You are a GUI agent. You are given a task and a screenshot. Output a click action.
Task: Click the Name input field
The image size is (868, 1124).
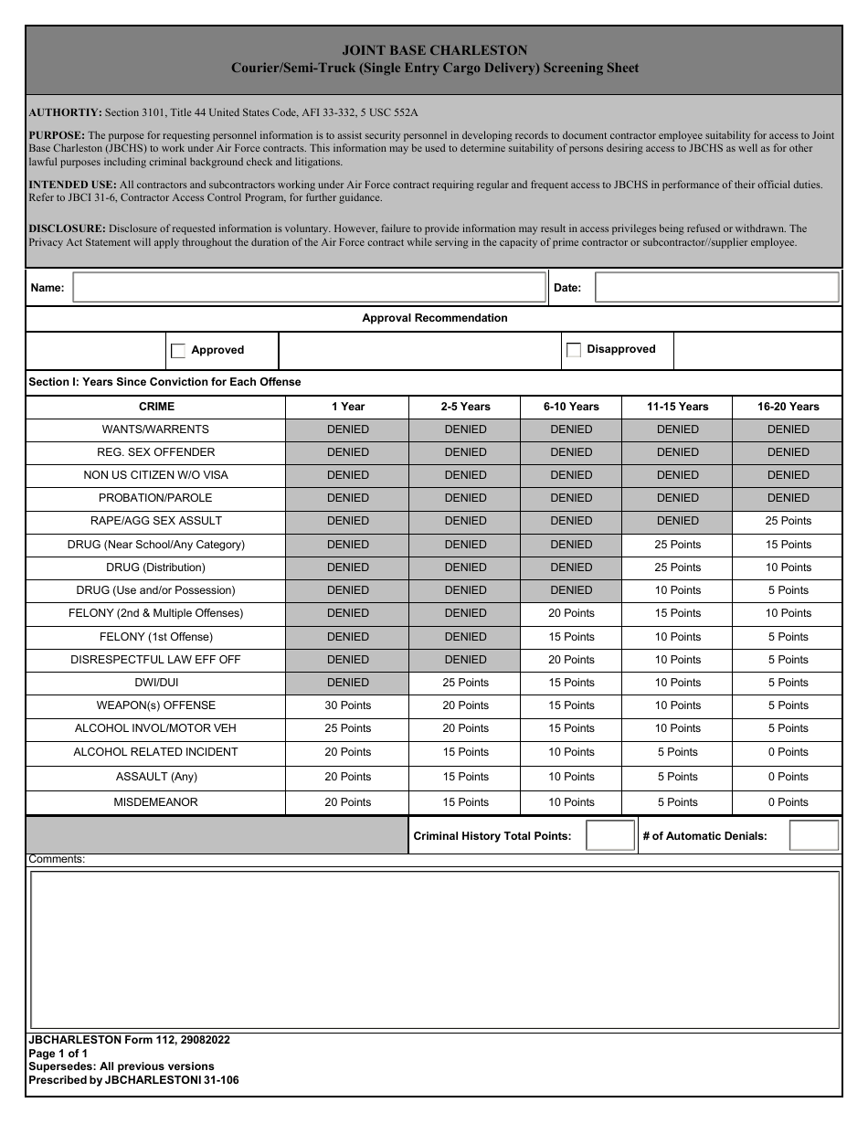tap(309, 288)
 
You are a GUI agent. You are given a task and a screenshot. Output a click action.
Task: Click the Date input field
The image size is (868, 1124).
tap(716, 288)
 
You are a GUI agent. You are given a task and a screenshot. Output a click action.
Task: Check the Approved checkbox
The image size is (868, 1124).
tap(178, 351)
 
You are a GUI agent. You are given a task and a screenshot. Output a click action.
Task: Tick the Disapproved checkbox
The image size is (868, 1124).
tap(574, 350)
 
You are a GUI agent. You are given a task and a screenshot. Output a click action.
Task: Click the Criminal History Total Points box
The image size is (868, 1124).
tap(609, 835)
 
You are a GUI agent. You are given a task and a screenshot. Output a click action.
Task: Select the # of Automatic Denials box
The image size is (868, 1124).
tap(813, 835)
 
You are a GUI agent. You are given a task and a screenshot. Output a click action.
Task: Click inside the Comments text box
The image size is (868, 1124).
tap(435, 949)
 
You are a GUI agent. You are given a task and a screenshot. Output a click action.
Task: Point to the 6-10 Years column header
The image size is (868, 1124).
tap(571, 407)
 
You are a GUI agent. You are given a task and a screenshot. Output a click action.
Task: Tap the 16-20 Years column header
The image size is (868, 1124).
tap(788, 407)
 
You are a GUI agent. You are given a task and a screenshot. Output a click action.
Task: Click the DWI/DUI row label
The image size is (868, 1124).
tap(155, 683)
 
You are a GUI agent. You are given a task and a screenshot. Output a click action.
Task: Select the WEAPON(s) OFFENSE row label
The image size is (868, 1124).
tap(155, 705)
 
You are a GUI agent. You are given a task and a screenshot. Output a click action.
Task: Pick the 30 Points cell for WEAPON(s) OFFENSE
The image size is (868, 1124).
tap(348, 705)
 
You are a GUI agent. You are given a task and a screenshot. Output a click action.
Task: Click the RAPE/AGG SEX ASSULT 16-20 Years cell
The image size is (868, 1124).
tap(788, 521)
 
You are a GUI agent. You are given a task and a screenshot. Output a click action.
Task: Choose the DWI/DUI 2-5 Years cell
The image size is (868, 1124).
tap(465, 683)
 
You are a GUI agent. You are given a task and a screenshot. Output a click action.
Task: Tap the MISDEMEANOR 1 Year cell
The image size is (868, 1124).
tap(348, 802)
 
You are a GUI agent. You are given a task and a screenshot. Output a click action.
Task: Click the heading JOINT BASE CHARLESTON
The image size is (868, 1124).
tap(434, 51)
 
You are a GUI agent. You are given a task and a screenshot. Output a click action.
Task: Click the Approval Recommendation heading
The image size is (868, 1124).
tap(434, 318)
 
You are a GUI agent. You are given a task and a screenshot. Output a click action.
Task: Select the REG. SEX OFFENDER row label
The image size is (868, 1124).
tap(155, 452)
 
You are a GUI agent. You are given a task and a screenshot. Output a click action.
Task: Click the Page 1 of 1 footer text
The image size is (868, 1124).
tap(58, 1053)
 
